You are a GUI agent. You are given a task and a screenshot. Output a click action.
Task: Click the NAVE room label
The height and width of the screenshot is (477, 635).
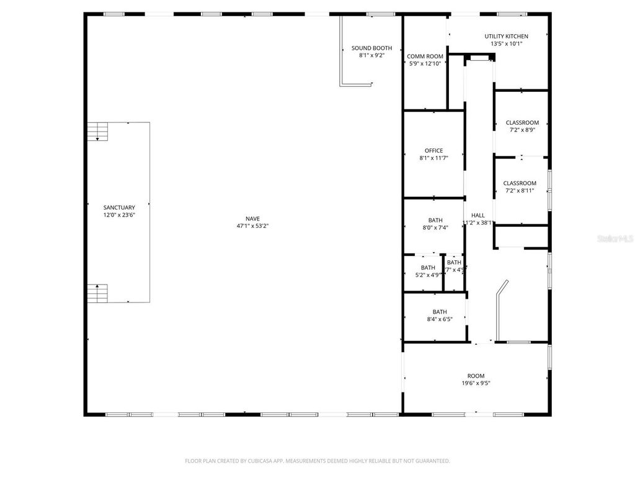252,218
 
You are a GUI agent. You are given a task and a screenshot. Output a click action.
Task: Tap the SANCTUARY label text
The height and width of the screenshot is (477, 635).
119,207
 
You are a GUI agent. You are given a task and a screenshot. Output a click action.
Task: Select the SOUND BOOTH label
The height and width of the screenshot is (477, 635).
371,48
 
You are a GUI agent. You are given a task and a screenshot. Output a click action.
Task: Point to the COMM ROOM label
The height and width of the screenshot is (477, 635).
425,57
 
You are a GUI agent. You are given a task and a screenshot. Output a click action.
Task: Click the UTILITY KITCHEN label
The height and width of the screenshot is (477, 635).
507,36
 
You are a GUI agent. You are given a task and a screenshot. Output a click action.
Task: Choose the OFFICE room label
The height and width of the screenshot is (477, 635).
433,150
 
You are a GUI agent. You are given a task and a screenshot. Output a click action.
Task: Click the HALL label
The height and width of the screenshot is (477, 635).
477,215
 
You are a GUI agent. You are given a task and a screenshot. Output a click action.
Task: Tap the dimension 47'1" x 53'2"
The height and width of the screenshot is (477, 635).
252,226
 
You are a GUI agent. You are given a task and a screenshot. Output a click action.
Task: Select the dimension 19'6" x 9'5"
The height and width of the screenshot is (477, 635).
476,384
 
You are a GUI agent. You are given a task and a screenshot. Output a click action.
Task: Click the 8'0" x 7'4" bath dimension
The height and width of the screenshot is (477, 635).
435,228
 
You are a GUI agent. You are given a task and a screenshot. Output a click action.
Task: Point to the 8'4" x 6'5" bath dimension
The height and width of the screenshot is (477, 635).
440,319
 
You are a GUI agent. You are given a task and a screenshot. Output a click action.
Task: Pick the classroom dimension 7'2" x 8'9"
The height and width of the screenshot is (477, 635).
522,130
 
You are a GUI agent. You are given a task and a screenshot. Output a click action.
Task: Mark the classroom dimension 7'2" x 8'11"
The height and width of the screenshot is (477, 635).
519,191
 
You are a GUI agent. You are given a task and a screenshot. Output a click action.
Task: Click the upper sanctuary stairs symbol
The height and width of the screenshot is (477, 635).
97,132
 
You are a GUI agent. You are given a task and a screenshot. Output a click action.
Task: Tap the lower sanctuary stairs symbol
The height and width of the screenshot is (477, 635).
97,293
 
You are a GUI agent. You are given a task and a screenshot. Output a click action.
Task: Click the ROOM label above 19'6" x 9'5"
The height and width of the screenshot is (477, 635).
476,376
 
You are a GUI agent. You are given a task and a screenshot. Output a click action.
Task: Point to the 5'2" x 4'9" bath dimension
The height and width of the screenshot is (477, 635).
428,275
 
